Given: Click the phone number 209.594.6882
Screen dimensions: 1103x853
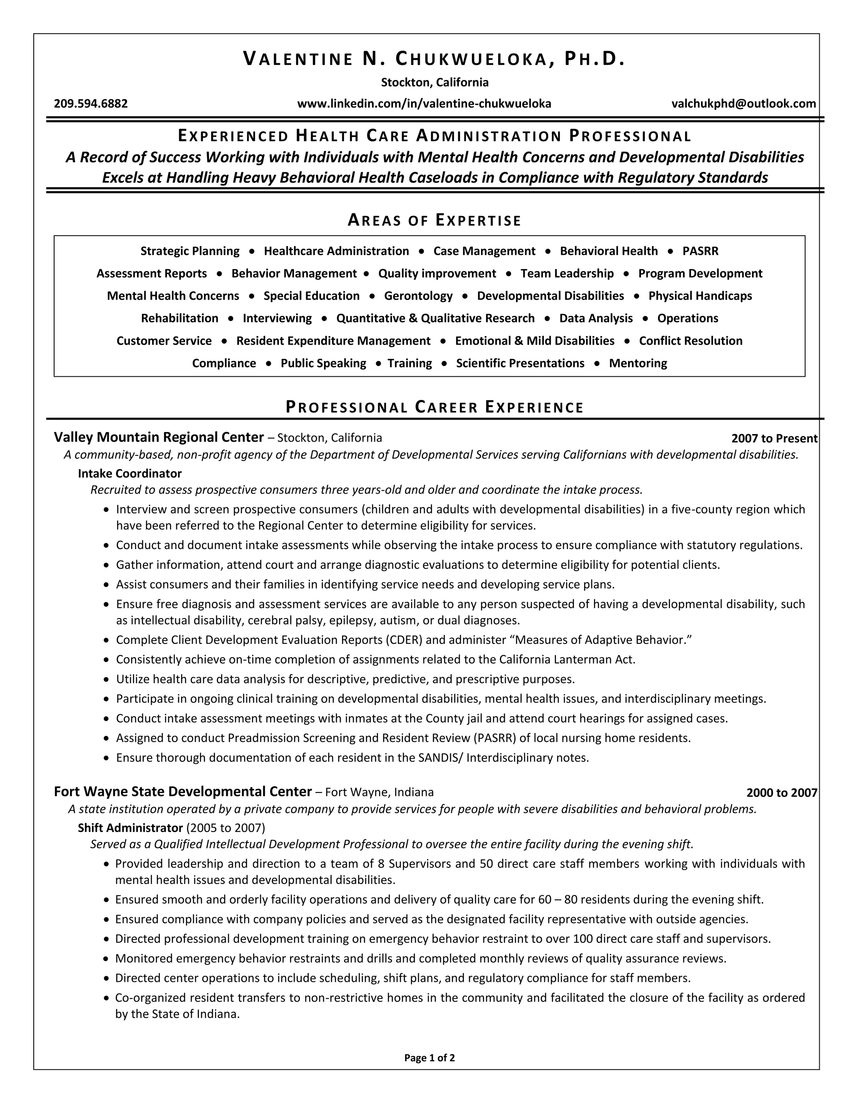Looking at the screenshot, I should (x=91, y=104).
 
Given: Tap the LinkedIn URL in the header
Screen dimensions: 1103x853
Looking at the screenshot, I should (x=424, y=104).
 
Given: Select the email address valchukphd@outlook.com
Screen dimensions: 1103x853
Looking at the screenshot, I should (x=743, y=104).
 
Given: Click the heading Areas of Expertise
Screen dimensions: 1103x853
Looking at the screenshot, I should (x=434, y=220).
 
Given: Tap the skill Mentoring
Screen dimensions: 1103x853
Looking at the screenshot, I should (x=638, y=363).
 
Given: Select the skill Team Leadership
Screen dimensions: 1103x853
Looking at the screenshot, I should (x=567, y=273).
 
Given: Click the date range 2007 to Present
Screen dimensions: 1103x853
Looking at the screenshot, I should (x=774, y=438).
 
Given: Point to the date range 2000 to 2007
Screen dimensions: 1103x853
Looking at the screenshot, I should (x=781, y=793).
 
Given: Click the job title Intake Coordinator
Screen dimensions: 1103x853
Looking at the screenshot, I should (x=130, y=473).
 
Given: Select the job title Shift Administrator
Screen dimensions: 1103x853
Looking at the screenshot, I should (x=130, y=828).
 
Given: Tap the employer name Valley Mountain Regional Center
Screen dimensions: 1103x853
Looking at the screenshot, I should (x=159, y=437).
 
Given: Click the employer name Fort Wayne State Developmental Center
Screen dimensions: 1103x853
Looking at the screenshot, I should (x=182, y=791).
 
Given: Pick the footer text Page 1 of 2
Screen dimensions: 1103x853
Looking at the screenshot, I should (x=429, y=1058).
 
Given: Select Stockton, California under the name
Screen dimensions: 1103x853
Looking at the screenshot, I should (x=434, y=82).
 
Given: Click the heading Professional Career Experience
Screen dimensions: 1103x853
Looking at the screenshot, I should (x=434, y=407).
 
